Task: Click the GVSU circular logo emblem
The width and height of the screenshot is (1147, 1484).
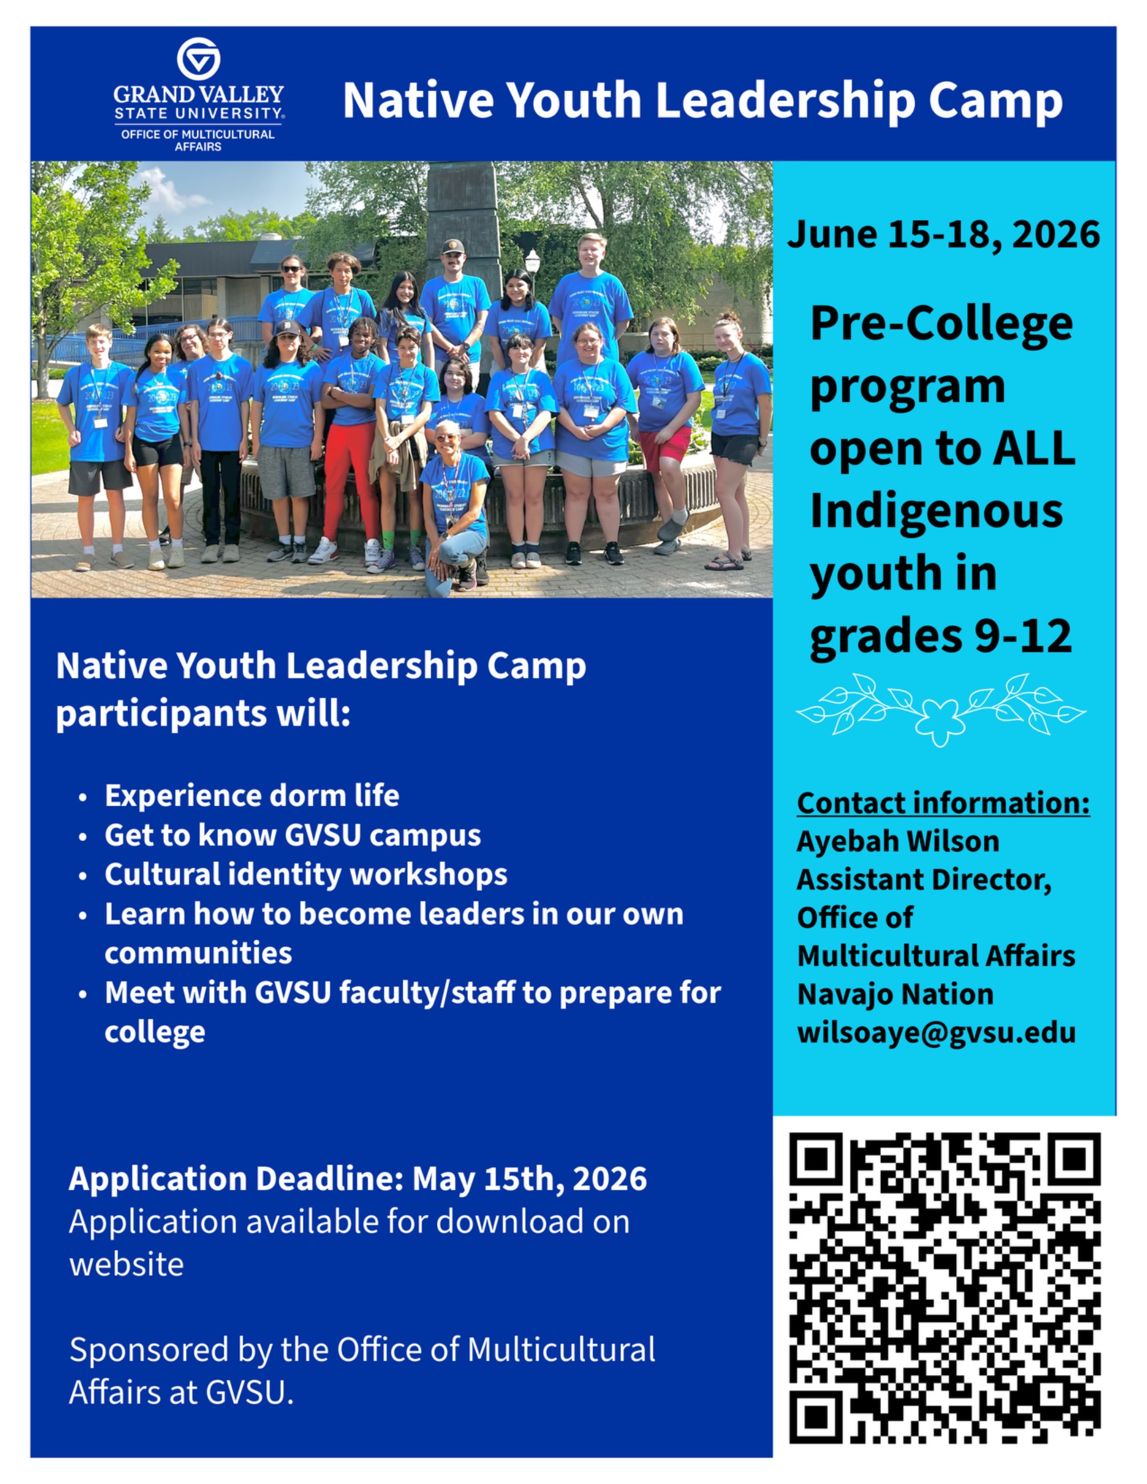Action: click(x=198, y=59)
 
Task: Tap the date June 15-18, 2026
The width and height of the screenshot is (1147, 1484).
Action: click(x=943, y=235)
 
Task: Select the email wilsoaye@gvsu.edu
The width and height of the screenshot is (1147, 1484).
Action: click(x=937, y=1032)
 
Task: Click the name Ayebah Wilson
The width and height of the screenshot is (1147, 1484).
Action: click(x=898, y=841)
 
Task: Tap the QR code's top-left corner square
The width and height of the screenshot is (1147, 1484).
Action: click(x=816, y=1159)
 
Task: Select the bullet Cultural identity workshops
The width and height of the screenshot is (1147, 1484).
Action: click(x=306, y=874)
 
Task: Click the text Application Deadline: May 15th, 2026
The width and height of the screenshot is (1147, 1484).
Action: click(x=357, y=1178)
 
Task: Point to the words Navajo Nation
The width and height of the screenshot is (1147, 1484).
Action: click(x=895, y=994)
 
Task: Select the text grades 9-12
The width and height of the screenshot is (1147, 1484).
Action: click(x=941, y=636)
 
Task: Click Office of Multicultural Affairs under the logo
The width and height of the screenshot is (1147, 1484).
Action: click(x=198, y=140)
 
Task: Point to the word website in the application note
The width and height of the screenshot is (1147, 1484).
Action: click(x=126, y=1264)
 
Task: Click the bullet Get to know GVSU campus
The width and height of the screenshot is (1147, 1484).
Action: click(x=292, y=835)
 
